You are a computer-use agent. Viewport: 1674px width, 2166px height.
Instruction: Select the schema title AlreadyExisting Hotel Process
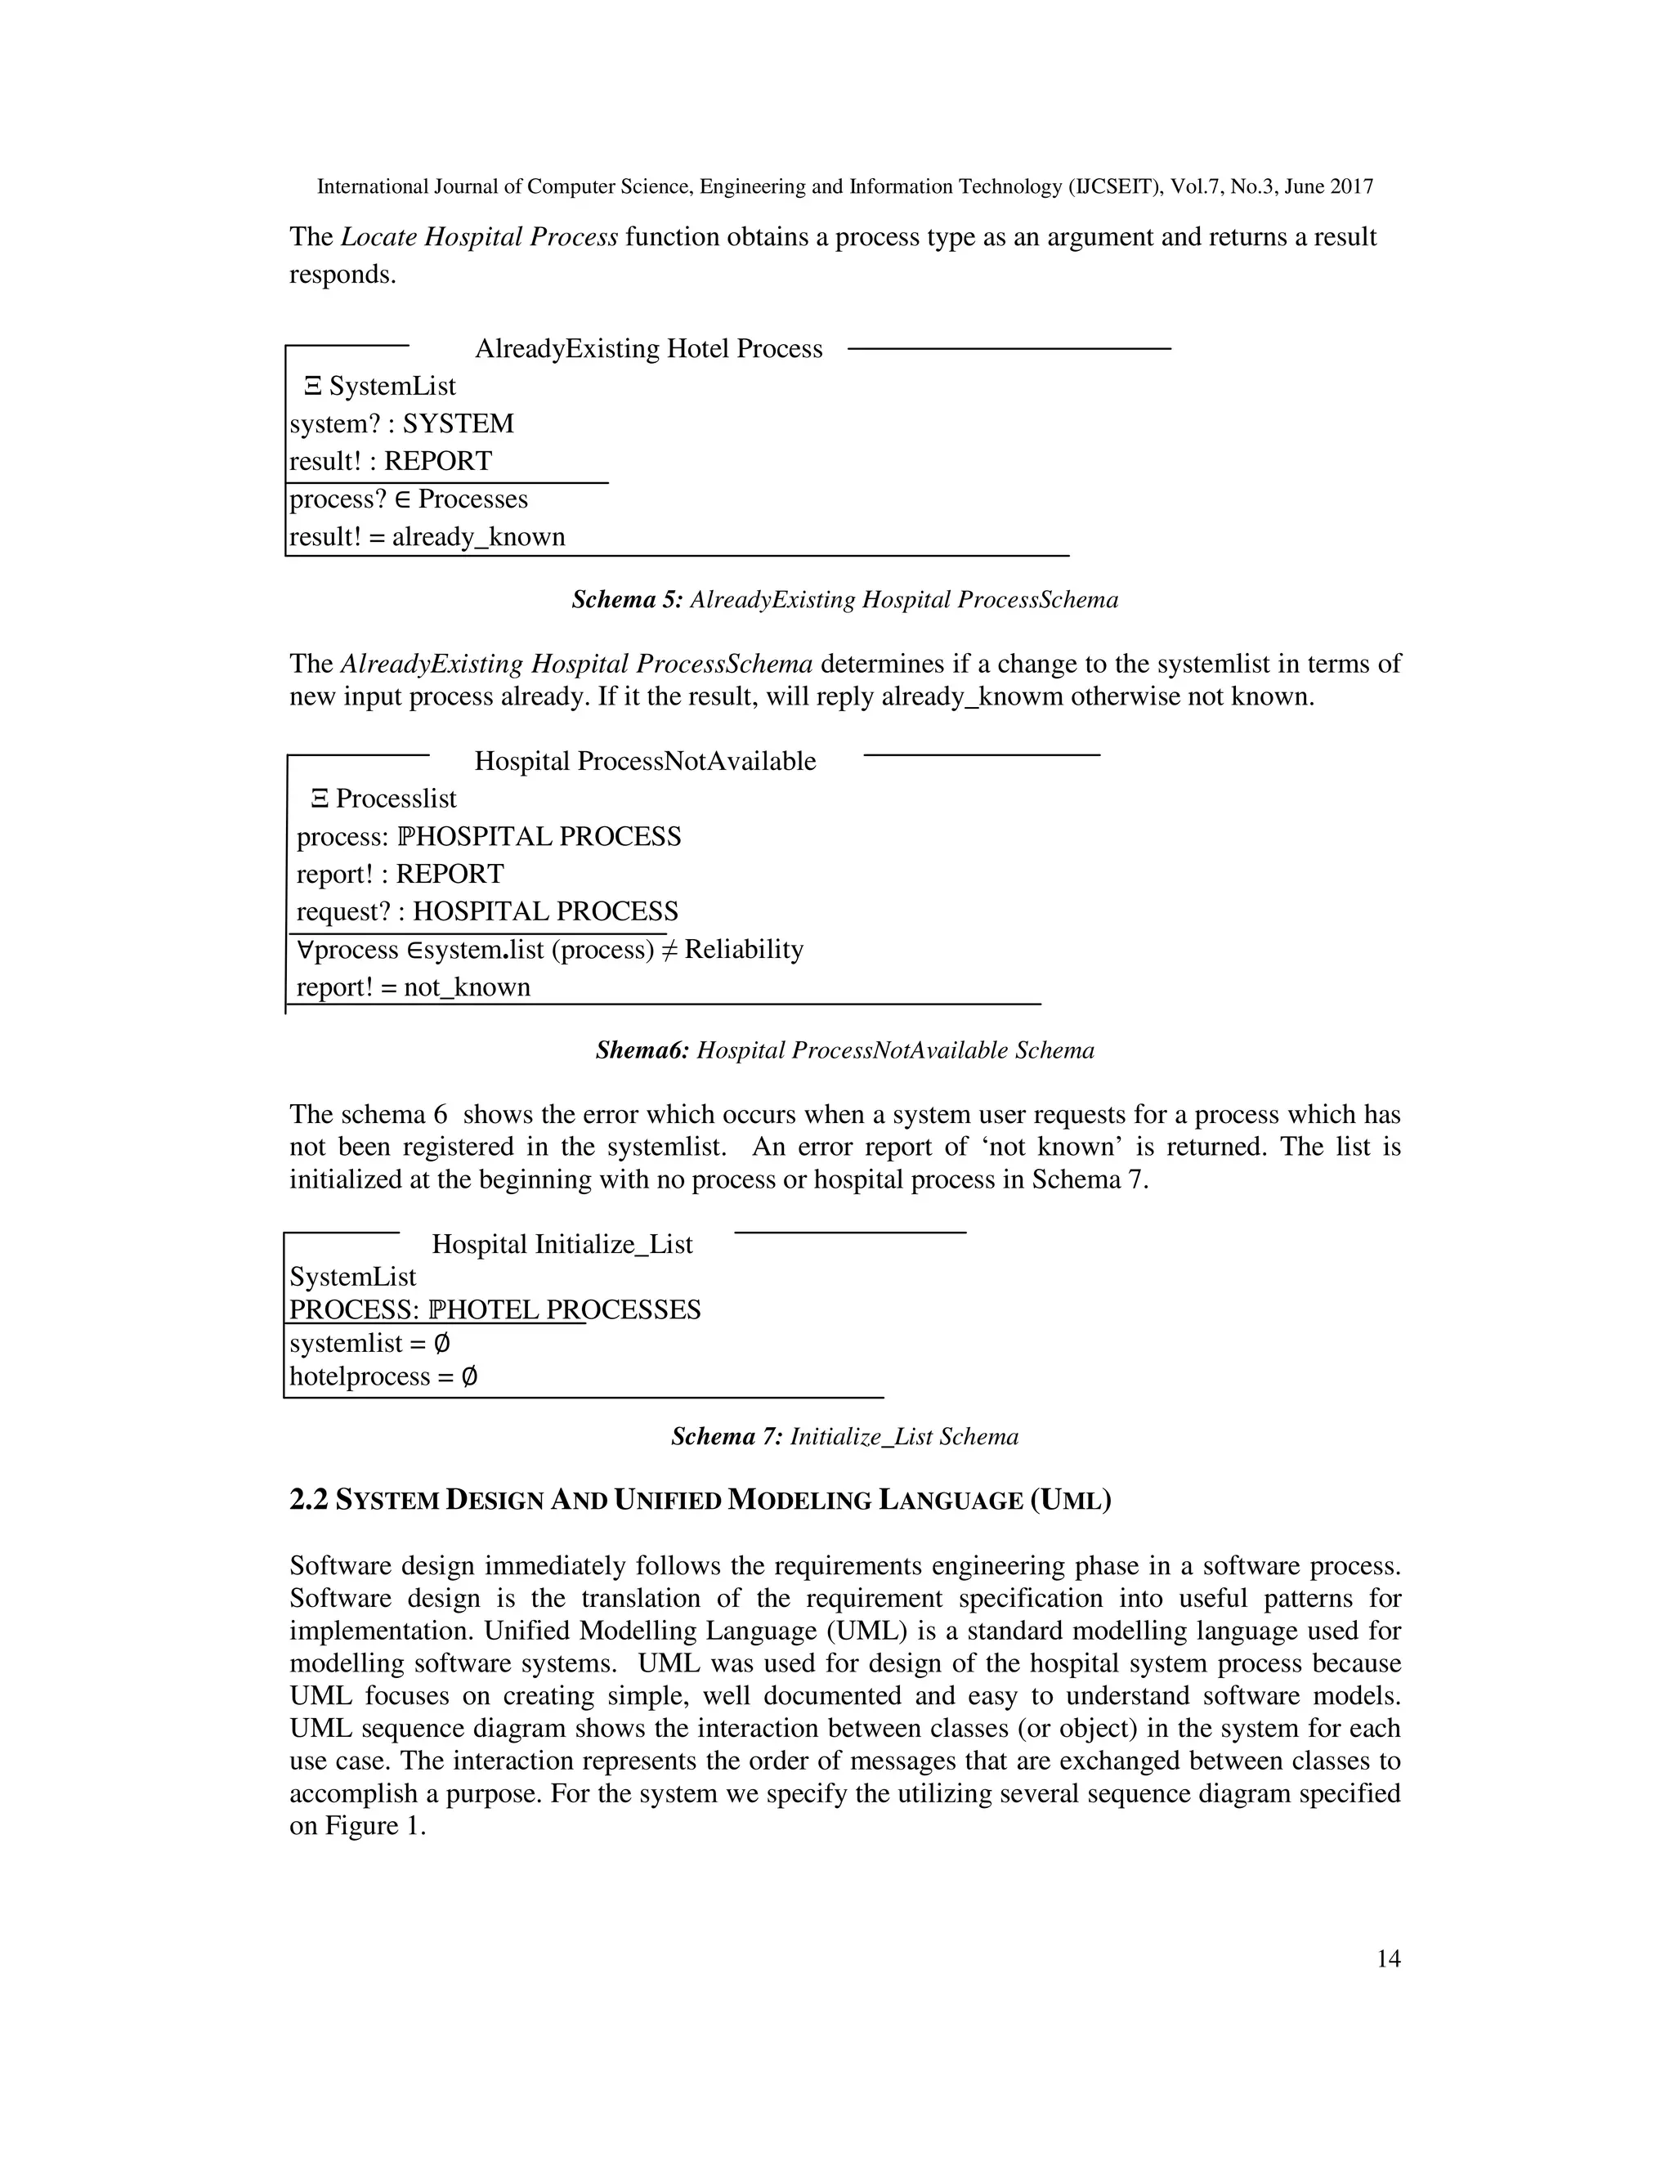pyautogui.click(x=648, y=349)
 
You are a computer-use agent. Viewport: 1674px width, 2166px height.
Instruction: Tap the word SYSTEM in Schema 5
pyautogui.click(x=459, y=424)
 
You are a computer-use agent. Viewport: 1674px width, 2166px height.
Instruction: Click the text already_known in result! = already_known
pyautogui.click(x=478, y=538)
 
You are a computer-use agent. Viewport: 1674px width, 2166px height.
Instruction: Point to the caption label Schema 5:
pyautogui.click(x=627, y=600)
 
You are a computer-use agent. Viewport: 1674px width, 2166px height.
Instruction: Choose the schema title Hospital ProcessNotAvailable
pyautogui.click(x=645, y=762)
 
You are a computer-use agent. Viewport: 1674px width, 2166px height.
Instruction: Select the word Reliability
pyautogui.click(x=744, y=950)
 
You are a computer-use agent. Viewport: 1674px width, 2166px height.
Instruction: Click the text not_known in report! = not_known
pyautogui.click(x=466, y=988)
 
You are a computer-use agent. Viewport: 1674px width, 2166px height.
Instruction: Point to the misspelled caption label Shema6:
pyautogui.click(x=642, y=1050)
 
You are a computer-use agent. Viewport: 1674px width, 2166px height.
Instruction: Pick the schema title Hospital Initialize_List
pyautogui.click(x=562, y=1245)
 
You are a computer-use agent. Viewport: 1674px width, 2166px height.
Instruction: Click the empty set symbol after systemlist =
pyautogui.click(x=442, y=1344)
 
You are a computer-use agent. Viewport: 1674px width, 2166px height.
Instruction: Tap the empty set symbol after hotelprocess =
pyautogui.click(x=470, y=1377)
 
